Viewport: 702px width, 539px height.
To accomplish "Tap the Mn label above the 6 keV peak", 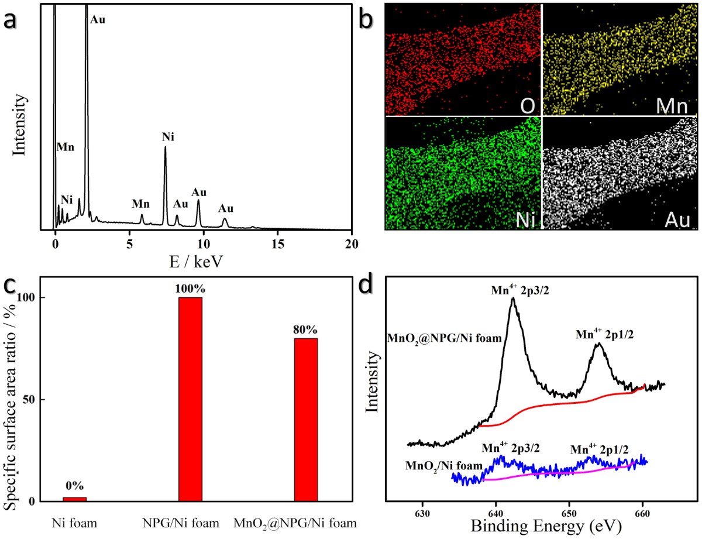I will tap(140, 204).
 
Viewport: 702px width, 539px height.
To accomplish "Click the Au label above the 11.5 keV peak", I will tap(226, 208).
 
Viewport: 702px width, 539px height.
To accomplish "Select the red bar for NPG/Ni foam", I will tap(190, 399).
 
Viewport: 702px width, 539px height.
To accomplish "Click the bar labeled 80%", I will tap(305, 419).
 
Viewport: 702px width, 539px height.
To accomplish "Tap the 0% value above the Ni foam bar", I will tap(75, 486).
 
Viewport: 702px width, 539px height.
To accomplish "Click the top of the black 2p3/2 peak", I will tap(513, 298).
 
